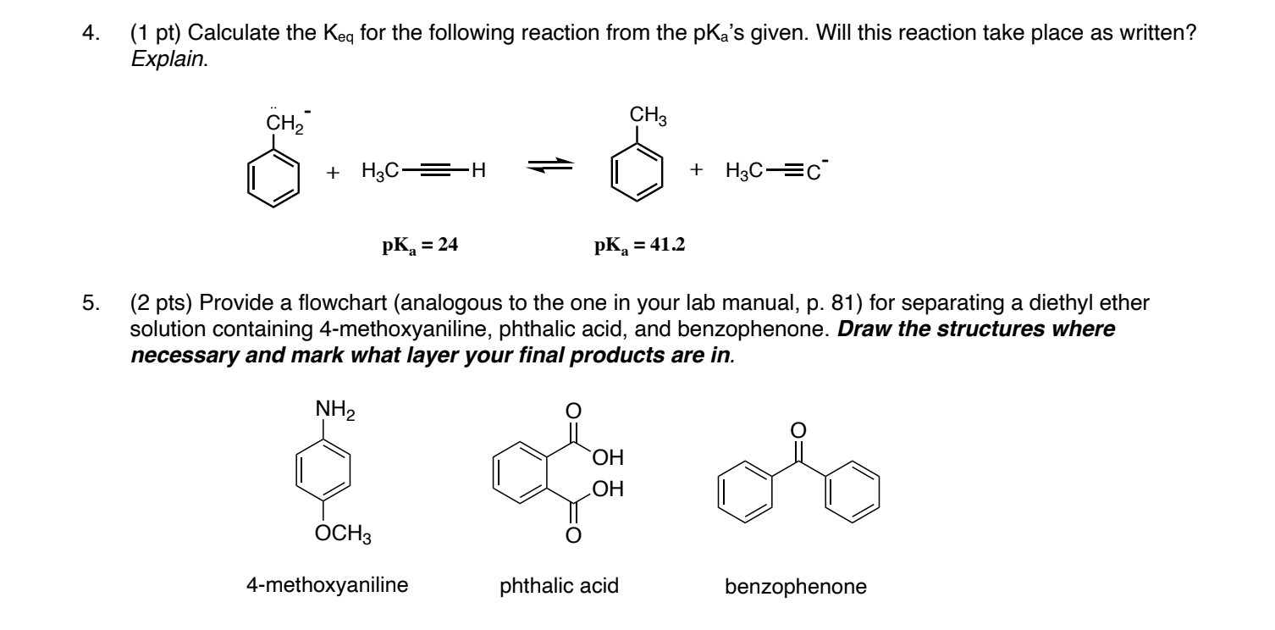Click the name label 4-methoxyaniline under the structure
(320, 585)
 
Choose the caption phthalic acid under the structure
(560, 585)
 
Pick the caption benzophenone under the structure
(796, 587)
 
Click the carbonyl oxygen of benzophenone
(797, 432)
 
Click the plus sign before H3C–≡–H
(334, 171)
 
